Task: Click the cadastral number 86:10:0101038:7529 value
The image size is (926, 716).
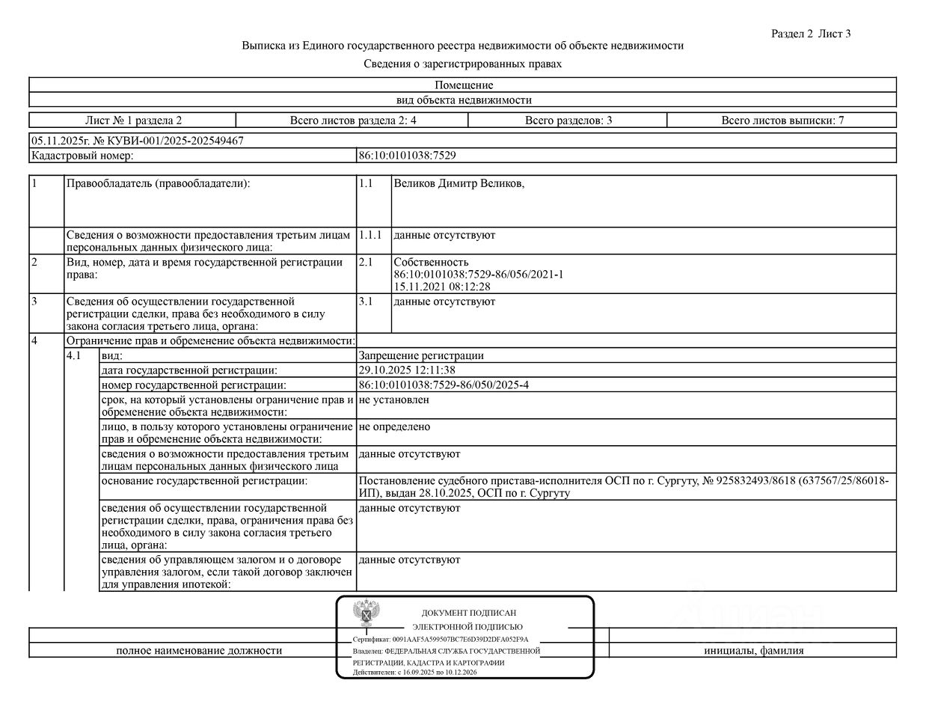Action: point(407,156)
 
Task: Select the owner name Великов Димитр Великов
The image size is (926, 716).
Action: point(459,184)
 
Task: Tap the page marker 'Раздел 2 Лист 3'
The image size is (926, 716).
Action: point(811,34)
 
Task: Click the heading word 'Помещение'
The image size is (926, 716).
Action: point(464,85)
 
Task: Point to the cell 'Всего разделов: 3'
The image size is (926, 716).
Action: point(568,120)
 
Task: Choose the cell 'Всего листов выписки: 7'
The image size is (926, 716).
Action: point(782,120)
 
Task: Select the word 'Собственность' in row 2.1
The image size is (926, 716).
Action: point(431,263)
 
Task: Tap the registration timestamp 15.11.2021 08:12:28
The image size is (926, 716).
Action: point(441,287)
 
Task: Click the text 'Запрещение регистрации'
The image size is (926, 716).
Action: point(421,356)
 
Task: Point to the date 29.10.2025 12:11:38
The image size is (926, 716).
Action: point(407,370)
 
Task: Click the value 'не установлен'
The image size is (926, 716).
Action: point(393,400)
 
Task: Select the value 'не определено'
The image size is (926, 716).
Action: point(394,427)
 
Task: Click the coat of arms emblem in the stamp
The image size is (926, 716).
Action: point(365,614)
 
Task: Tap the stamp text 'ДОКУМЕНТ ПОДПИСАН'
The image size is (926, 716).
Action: point(468,613)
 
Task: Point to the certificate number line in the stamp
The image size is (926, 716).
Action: point(441,640)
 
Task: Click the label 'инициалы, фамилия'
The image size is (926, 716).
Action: point(753,651)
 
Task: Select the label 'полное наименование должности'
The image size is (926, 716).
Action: point(199,651)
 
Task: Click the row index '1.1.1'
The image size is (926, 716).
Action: point(370,235)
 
